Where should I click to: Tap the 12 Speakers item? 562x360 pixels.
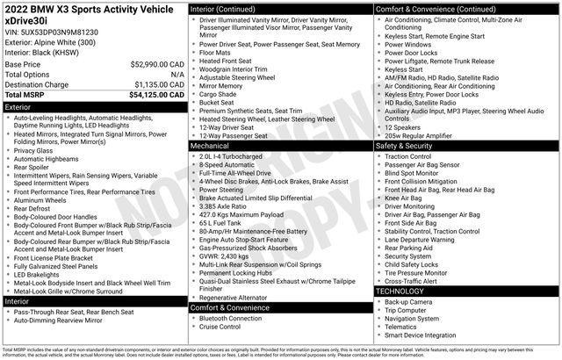pyautogui.click(x=405, y=127)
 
